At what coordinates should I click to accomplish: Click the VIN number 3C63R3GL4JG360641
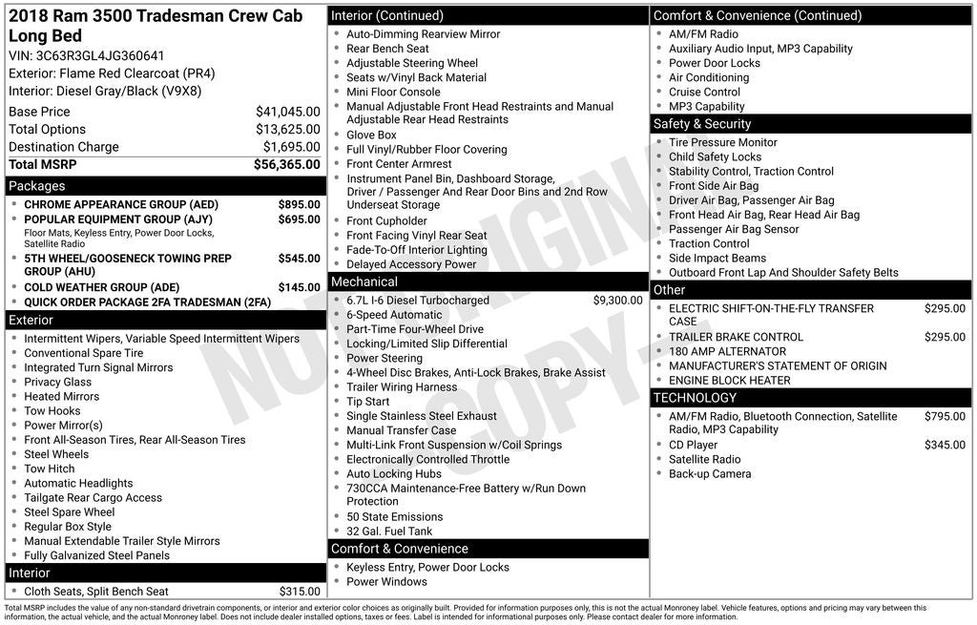point(100,56)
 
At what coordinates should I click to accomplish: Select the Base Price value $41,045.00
point(287,112)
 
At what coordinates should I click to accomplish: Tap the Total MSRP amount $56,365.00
point(286,165)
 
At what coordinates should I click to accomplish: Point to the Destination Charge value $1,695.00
point(291,147)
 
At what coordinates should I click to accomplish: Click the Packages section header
point(37,186)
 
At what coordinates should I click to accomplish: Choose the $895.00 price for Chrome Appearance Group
point(299,205)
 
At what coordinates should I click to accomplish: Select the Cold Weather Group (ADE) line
point(101,287)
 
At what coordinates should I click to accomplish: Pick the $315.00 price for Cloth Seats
point(300,592)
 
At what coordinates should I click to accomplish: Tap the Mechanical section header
point(364,282)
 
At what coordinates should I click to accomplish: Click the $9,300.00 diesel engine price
point(617,301)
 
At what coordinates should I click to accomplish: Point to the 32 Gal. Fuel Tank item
point(389,531)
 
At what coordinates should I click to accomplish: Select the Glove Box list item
point(371,135)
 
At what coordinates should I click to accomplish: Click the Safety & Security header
point(702,124)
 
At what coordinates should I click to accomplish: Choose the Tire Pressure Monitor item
point(722,143)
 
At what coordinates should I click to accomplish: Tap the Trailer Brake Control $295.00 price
point(945,337)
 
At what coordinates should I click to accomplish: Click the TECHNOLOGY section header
point(695,398)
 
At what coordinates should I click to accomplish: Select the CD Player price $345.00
point(945,446)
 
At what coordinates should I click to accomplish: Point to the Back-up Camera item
point(709,474)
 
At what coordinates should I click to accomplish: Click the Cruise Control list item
point(704,93)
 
